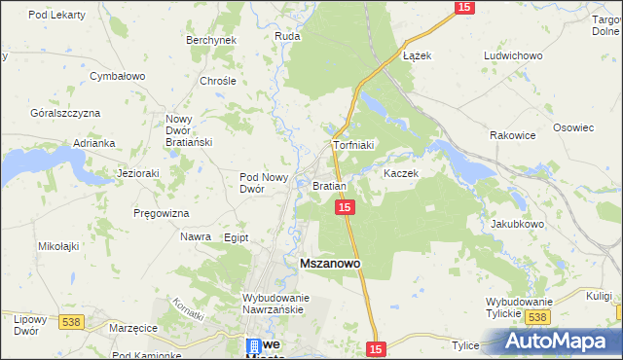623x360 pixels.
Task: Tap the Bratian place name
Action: pyautogui.click(x=330, y=185)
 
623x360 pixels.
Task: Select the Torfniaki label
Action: pyautogui.click(x=353, y=145)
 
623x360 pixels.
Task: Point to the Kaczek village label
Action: pyautogui.click(x=400, y=173)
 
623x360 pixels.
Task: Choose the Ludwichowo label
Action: pyautogui.click(x=513, y=55)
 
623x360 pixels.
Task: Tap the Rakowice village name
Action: pyautogui.click(x=513, y=135)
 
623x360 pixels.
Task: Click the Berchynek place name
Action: pyautogui.click(x=211, y=40)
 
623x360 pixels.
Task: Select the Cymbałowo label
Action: pyautogui.click(x=117, y=75)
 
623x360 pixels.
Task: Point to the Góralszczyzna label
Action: pyautogui.click(x=65, y=113)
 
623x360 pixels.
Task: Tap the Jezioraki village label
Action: pyautogui.click(x=137, y=173)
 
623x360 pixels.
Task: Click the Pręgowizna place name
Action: pyautogui.click(x=162, y=212)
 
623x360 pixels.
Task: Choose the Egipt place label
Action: pyautogui.click(x=236, y=237)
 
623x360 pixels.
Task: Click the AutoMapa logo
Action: pyautogui.click(x=561, y=341)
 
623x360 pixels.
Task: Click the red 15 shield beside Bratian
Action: pyautogui.click(x=345, y=207)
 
